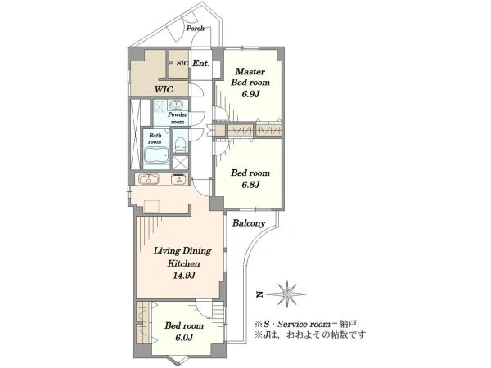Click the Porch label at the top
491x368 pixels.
(196, 29)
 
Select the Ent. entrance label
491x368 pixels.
(201, 64)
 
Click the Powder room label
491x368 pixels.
(178, 119)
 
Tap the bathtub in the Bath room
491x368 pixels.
(155, 155)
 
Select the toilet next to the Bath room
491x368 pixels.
(181, 146)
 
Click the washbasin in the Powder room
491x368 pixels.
(176, 105)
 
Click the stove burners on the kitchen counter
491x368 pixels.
(179, 180)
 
